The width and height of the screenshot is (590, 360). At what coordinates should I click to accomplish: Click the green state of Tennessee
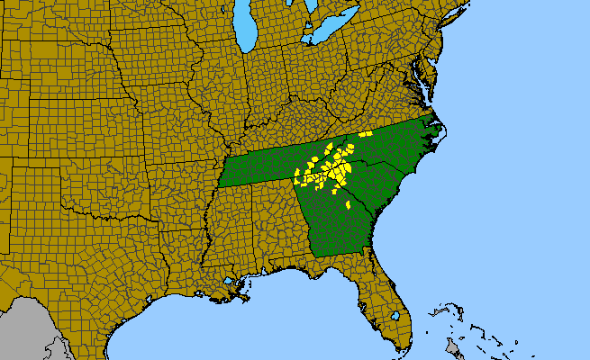tap(257, 166)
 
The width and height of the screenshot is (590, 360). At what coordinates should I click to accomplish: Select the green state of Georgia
tap(333, 225)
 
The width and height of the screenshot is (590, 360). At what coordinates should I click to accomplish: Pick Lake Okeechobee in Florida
tap(394, 316)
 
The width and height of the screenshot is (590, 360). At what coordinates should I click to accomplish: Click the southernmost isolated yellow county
tap(348, 205)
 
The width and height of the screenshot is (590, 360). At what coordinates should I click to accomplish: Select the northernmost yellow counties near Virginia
tap(365, 134)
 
